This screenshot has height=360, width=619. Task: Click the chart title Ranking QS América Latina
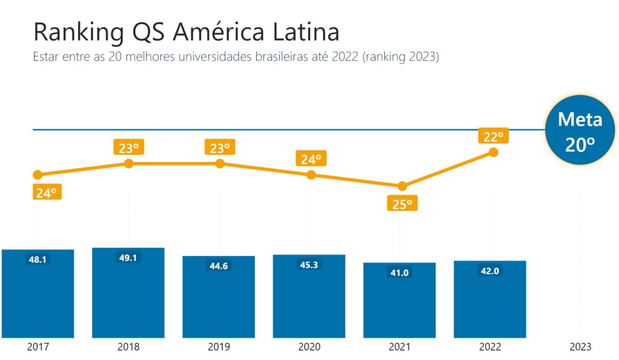186,31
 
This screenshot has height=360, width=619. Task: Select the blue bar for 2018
128,296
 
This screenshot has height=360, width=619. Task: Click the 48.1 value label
37,259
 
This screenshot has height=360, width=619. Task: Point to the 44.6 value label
218,266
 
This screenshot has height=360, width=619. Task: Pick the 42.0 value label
490,271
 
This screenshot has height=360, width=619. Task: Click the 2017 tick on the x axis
38,347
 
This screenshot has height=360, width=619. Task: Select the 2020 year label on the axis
309,347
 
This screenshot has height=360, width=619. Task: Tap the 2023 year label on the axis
580,347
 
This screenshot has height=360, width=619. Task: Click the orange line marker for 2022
493,152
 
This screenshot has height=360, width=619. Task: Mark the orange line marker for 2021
402,186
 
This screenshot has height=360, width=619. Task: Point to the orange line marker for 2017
37,175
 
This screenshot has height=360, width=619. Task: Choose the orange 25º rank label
402,204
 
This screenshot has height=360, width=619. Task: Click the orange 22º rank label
493,135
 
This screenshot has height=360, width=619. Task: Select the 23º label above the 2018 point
129,147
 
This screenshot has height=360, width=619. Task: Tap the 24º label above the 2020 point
311,159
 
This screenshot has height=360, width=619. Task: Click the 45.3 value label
309,265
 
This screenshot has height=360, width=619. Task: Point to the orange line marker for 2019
220,164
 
